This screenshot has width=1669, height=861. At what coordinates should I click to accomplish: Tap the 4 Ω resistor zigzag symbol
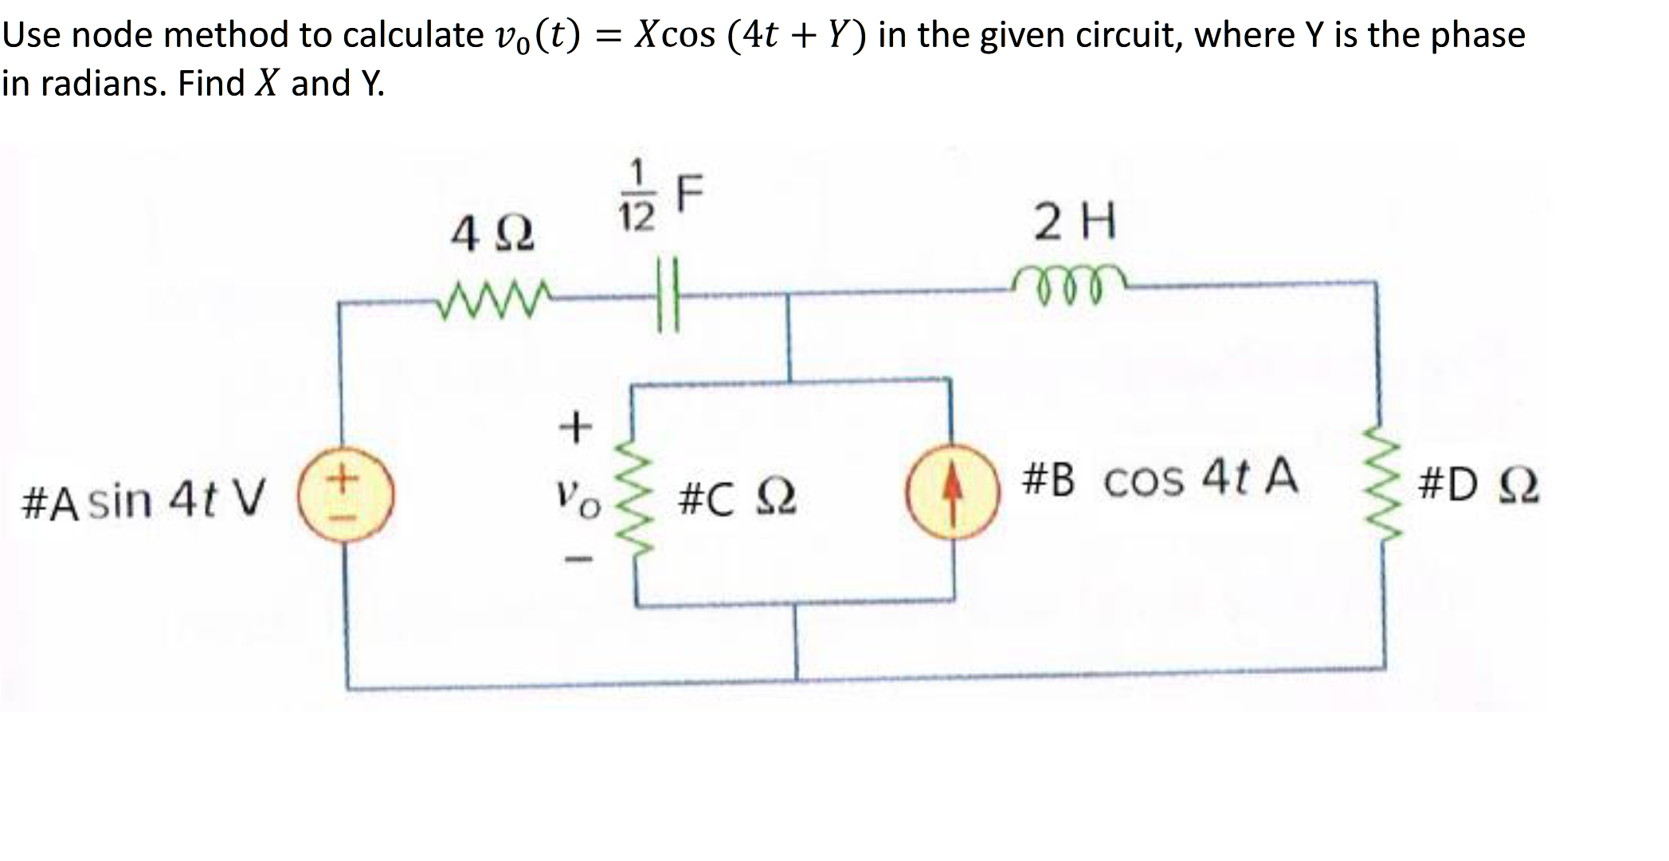[492, 302]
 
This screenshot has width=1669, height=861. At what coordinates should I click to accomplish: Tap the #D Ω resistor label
[1479, 487]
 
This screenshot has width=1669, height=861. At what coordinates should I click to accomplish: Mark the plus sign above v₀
[575, 429]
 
